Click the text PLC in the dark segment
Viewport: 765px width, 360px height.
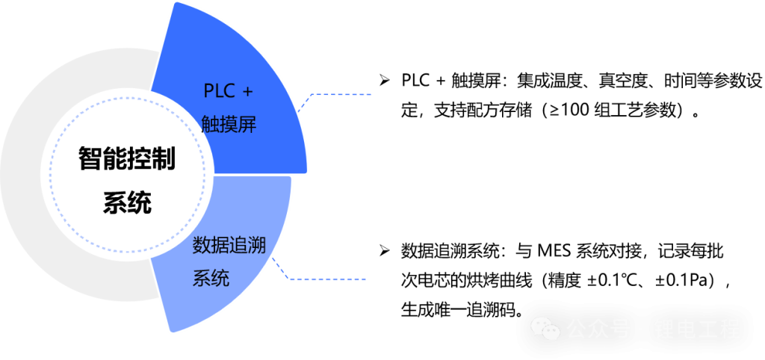click(x=218, y=91)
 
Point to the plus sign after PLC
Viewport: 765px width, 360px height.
click(x=248, y=91)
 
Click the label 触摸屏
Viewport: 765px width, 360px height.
click(x=229, y=125)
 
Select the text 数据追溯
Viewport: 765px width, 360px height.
click(x=229, y=245)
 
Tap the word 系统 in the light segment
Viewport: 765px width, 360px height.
click(x=211, y=279)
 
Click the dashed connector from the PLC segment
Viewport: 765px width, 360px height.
click(x=340, y=95)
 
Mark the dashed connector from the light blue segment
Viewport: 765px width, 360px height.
click(x=329, y=279)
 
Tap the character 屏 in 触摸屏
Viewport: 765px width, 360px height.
click(x=247, y=125)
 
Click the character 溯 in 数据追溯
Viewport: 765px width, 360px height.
click(x=256, y=245)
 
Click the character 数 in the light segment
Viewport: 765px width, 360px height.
click(x=202, y=245)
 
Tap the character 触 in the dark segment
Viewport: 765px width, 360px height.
click(x=211, y=125)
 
